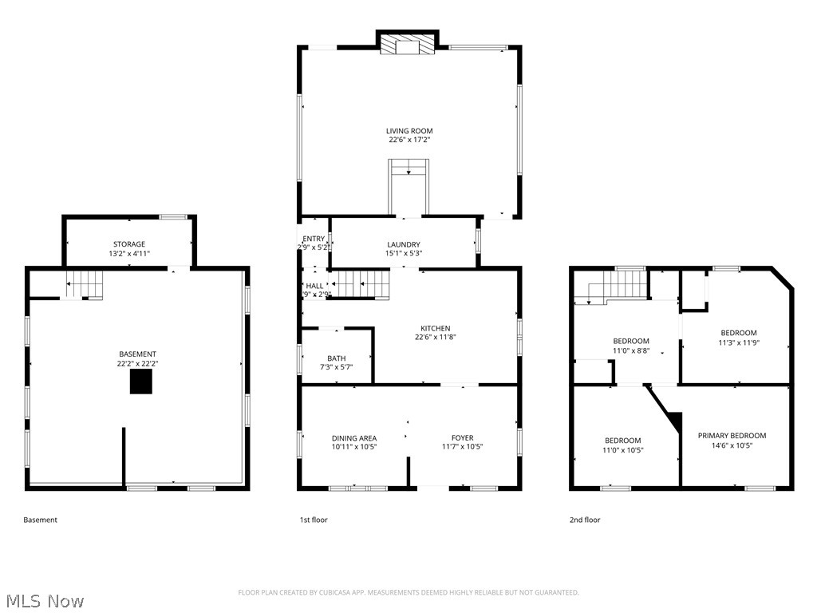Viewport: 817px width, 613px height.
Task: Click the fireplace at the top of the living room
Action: [408, 45]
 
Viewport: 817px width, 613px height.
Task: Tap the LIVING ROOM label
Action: [409, 131]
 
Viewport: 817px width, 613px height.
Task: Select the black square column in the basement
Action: [141, 383]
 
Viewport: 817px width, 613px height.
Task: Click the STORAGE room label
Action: [128, 244]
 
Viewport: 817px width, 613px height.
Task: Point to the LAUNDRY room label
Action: [404, 244]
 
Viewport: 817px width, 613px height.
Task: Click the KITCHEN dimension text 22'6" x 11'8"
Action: [436, 337]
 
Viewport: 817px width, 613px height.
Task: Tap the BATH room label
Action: [336, 358]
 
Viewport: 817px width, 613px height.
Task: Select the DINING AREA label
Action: [354, 438]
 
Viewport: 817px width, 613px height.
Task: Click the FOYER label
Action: [462, 438]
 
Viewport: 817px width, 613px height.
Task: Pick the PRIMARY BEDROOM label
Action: [732, 436]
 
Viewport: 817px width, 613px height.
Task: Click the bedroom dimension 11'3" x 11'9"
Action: [738, 342]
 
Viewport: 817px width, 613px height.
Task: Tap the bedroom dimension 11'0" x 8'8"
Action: [630, 350]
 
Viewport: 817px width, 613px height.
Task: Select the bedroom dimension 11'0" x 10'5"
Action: [622, 450]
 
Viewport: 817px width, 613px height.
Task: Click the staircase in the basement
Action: [84, 284]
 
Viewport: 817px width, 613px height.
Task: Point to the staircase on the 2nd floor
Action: [618, 286]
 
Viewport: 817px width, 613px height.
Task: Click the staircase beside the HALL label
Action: [361, 283]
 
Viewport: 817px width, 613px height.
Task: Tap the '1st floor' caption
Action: [314, 520]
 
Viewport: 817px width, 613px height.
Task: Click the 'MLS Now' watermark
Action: [44, 600]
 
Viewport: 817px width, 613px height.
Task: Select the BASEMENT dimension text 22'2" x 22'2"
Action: [138, 363]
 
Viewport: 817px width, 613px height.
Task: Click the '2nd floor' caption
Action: [584, 520]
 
